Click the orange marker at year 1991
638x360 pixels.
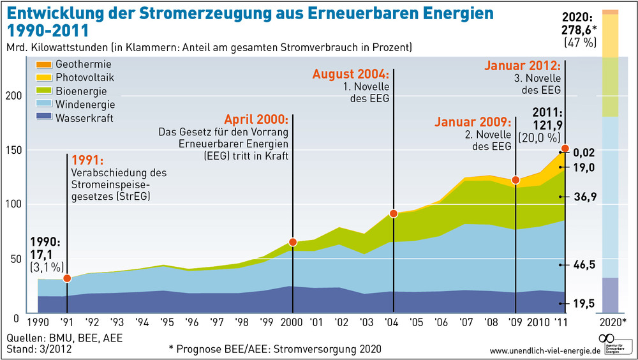coord(68,278)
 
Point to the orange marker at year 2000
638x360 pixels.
coord(293,242)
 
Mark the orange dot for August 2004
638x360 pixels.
coord(394,213)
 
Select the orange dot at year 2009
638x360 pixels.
coord(516,180)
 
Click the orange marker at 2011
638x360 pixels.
coord(565,149)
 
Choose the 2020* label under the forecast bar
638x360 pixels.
coord(614,322)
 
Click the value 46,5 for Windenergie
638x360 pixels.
coord(584,264)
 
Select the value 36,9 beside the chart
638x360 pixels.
coord(584,197)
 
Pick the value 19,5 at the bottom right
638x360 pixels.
coord(584,304)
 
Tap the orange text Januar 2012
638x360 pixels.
coord(522,66)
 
